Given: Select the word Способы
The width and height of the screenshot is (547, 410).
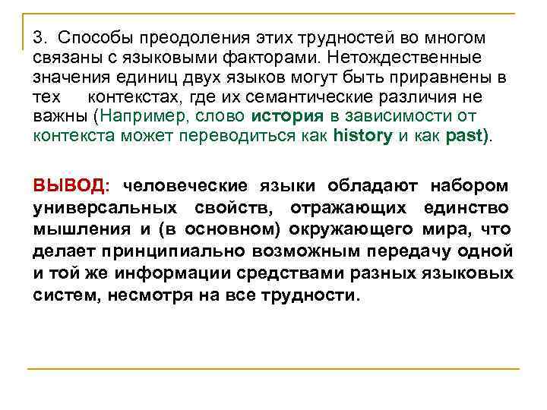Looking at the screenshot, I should [x=89, y=38].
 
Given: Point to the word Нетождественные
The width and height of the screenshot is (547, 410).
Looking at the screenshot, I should [x=403, y=58].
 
